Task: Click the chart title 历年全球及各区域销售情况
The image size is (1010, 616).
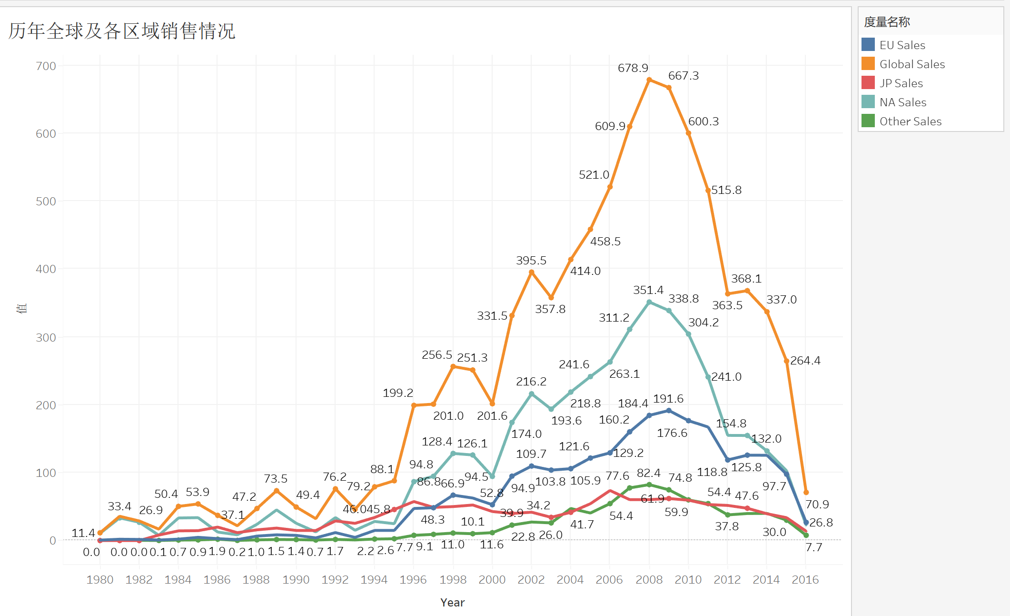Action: coord(122,31)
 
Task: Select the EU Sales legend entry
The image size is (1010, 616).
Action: coord(902,45)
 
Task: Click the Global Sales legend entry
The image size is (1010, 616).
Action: coord(911,64)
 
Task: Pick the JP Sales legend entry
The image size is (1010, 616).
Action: coord(901,83)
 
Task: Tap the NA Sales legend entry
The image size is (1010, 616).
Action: coord(902,102)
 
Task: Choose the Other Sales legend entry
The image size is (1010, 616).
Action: coord(910,121)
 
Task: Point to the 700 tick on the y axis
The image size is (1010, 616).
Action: coord(46,66)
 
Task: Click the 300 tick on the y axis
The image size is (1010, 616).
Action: coord(46,338)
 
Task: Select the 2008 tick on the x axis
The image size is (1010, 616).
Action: coord(649,580)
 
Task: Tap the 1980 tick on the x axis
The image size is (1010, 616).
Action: coord(100,580)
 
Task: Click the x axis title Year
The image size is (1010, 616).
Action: coord(452,603)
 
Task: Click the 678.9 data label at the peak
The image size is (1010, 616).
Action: coord(633,68)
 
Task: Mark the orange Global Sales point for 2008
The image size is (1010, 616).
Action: coord(649,80)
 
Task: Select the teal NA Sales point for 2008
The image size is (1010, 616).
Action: coord(649,302)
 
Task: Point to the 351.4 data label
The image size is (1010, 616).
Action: coord(648,290)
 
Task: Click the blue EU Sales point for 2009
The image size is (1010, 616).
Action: coord(669,410)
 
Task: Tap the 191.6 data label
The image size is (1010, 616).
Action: coord(668,399)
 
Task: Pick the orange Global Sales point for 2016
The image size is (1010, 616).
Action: coord(806,492)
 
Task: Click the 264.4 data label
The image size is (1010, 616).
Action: coord(805,361)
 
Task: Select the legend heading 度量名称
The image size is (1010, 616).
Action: coord(887,22)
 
